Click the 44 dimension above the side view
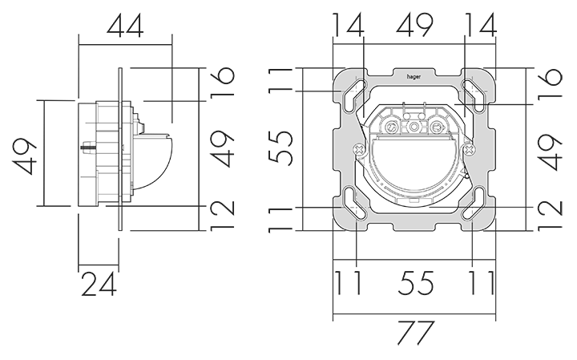(x=125, y=26)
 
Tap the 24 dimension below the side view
(x=99, y=284)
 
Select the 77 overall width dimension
(x=416, y=333)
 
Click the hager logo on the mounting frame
(x=414, y=76)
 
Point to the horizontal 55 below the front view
(x=416, y=283)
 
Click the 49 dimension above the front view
(x=414, y=25)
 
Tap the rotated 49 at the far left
(x=25, y=156)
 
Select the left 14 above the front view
(x=348, y=25)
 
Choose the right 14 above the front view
(x=481, y=25)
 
